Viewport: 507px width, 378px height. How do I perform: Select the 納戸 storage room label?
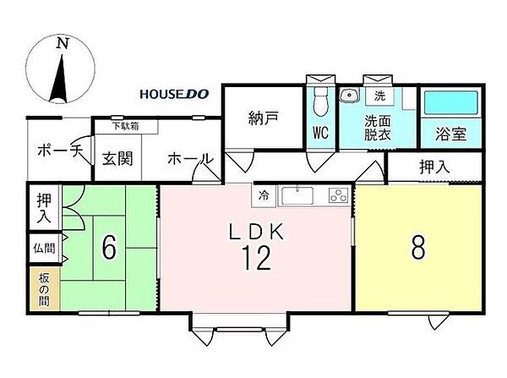[263, 118]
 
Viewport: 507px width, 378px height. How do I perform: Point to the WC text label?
[320, 132]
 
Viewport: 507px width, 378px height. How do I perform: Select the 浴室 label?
[450, 133]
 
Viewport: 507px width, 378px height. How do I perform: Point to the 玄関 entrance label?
[116, 158]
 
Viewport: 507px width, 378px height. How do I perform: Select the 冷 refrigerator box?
[263, 195]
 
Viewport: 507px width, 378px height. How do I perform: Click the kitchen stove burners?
[336, 195]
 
